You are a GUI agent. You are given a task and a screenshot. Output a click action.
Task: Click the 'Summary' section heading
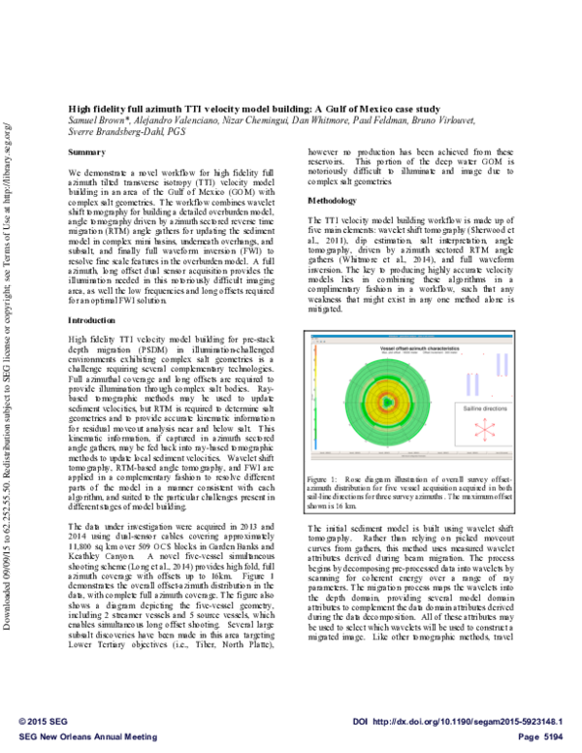click(x=87, y=153)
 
